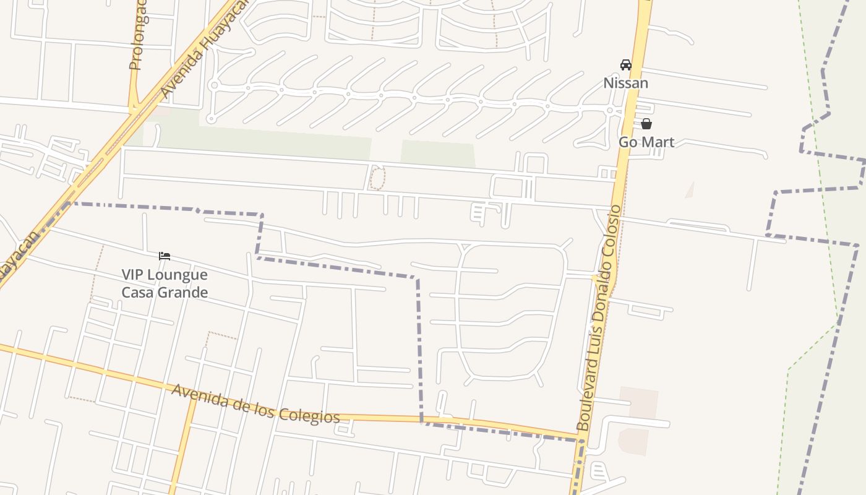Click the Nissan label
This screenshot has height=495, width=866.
coord(625,83)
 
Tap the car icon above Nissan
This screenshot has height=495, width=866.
coord(625,64)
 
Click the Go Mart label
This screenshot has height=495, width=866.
coord(646,142)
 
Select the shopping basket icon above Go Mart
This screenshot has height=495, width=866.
coord(646,124)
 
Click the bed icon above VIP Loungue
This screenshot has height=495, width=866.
coord(164,256)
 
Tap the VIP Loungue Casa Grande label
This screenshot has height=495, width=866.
coord(164,283)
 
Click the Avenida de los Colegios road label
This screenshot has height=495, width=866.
coord(255,403)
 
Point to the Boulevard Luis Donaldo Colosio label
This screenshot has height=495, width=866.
coord(598,319)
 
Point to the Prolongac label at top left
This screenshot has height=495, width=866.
coord(137,37)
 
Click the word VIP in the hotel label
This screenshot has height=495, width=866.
coord(132,274)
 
